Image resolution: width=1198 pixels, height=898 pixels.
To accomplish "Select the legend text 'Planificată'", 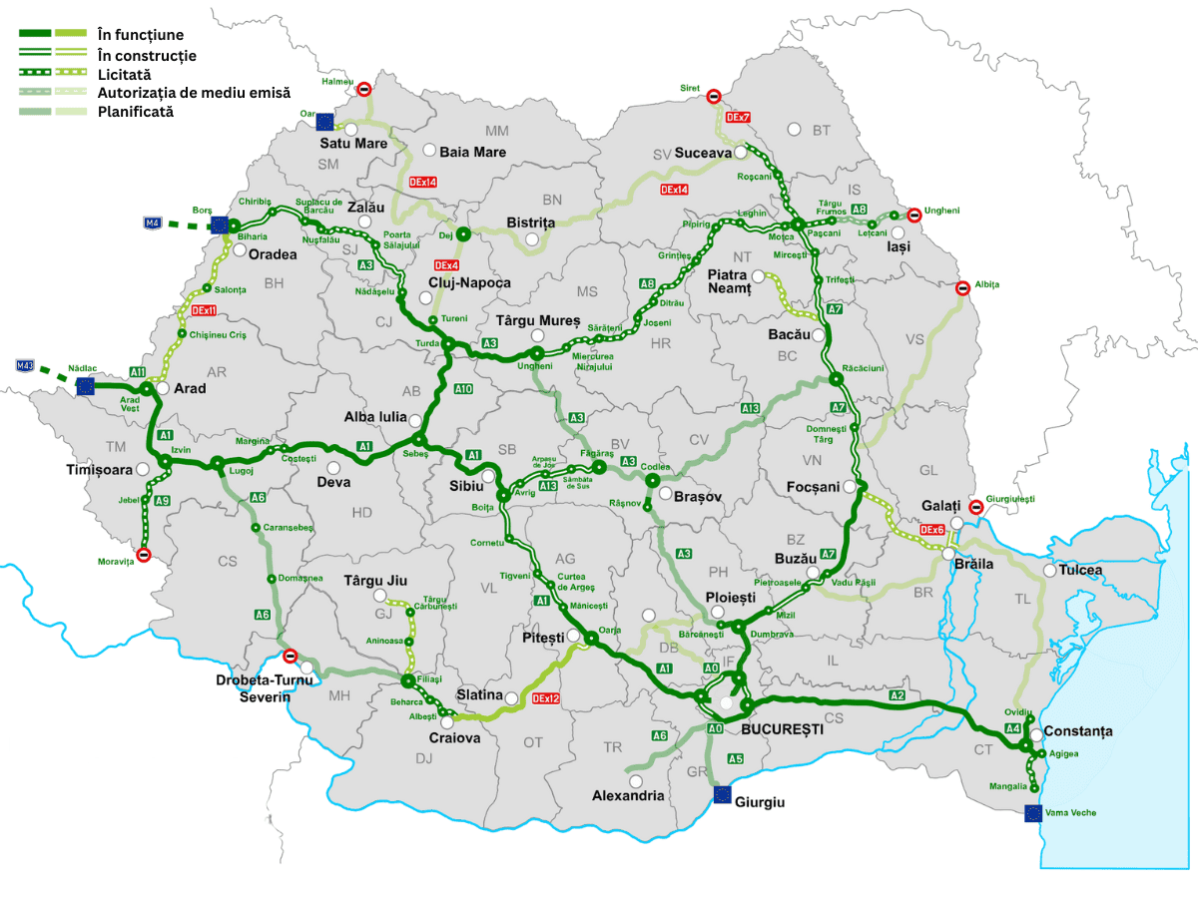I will coord(136,112).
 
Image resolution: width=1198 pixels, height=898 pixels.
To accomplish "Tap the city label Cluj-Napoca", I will coord(469,282).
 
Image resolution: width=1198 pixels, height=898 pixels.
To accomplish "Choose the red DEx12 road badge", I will coord(546,699).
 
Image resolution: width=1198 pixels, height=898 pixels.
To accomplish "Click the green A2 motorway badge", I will coord(897,694).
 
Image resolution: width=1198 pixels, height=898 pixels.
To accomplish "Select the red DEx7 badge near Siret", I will coord(739,118).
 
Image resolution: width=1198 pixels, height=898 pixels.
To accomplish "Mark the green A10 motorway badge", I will coord(463,388).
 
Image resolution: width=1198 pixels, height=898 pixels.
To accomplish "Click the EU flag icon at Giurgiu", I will coord(722,794).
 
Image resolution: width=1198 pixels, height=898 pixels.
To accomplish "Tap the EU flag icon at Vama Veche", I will coord(1033,813).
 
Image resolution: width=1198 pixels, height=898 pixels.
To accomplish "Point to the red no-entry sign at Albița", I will coord(962,288).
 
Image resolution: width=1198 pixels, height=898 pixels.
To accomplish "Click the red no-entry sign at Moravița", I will coord(143,555).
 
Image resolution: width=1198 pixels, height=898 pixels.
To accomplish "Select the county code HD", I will coord(361,513).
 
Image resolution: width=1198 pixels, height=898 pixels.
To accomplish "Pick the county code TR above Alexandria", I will coord(612,747).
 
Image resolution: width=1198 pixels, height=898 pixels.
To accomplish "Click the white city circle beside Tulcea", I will coord(1049,571).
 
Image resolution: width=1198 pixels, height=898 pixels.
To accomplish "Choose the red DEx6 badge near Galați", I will coord(932,530).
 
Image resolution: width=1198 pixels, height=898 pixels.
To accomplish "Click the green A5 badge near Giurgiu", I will coord(736,759).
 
